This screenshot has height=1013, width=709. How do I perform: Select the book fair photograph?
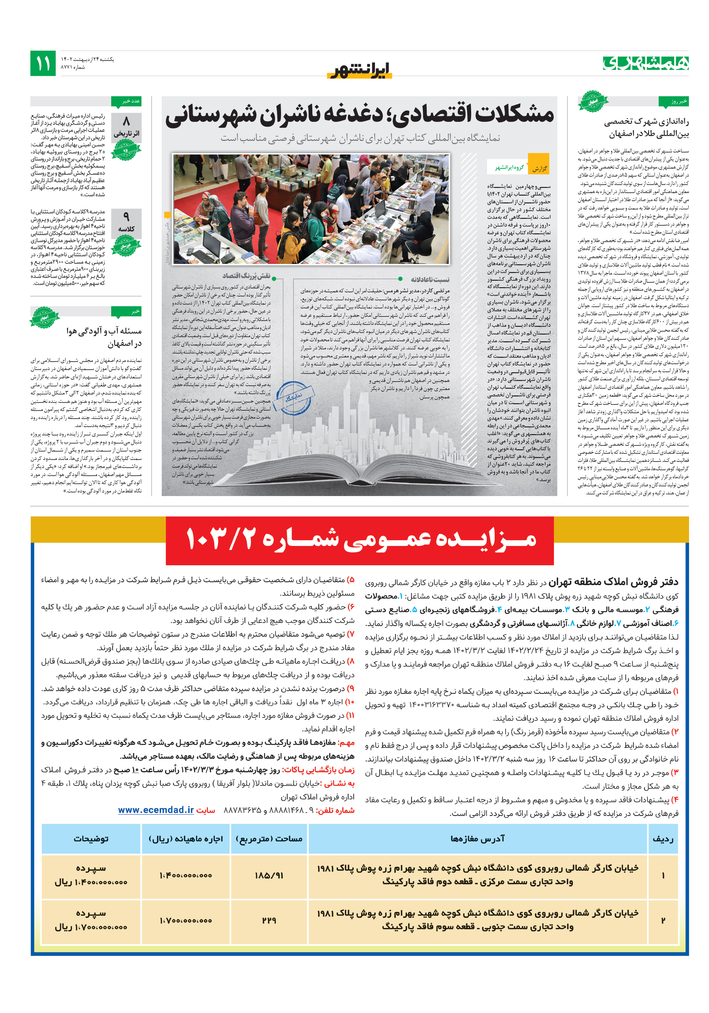[311, 208]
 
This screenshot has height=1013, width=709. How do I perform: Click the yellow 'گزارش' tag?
[538, 168]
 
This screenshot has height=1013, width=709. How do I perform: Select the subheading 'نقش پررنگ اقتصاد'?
[247, 276]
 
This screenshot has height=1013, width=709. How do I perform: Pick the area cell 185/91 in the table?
[269, 875]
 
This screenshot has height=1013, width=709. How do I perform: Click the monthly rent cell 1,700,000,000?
[185, 920]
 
